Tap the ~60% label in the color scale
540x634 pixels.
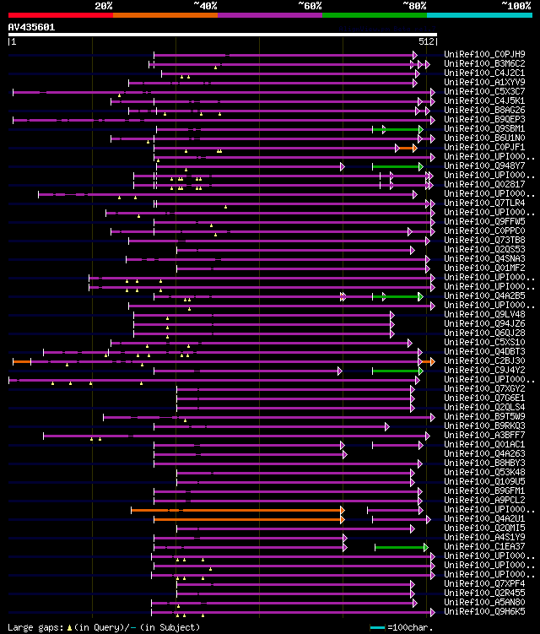pyautogui.click(x=310, y=6)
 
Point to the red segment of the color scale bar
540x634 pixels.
pyautogui.click(x=60, y=14)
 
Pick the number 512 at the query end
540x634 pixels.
pyautogui.click(x=426, y=41)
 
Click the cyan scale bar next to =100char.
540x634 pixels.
pyautogui.click(x=377, y=627)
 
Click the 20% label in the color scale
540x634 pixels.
pyautogui.click(x=104, y=6)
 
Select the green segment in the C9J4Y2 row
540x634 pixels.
pyautogui.click(x=397, y=371)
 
